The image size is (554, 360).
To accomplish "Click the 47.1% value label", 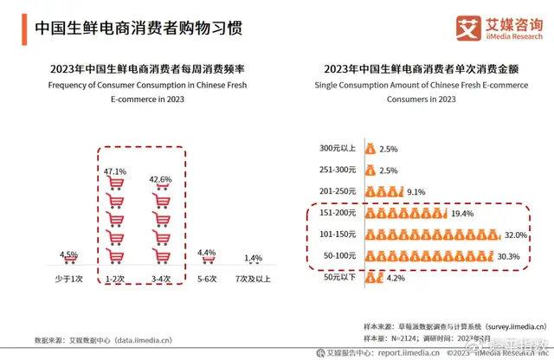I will tap(114, 172).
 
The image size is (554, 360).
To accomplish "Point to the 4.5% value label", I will tap(69, 254).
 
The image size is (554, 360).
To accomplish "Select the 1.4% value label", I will tap(253, 259).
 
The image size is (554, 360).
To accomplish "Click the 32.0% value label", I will tap(516, 234).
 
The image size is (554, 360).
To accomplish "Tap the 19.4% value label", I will tap(463, 213).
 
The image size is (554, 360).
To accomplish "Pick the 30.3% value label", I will tap(508, 255).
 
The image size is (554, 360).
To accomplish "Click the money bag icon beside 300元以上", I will tap(370, 149).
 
